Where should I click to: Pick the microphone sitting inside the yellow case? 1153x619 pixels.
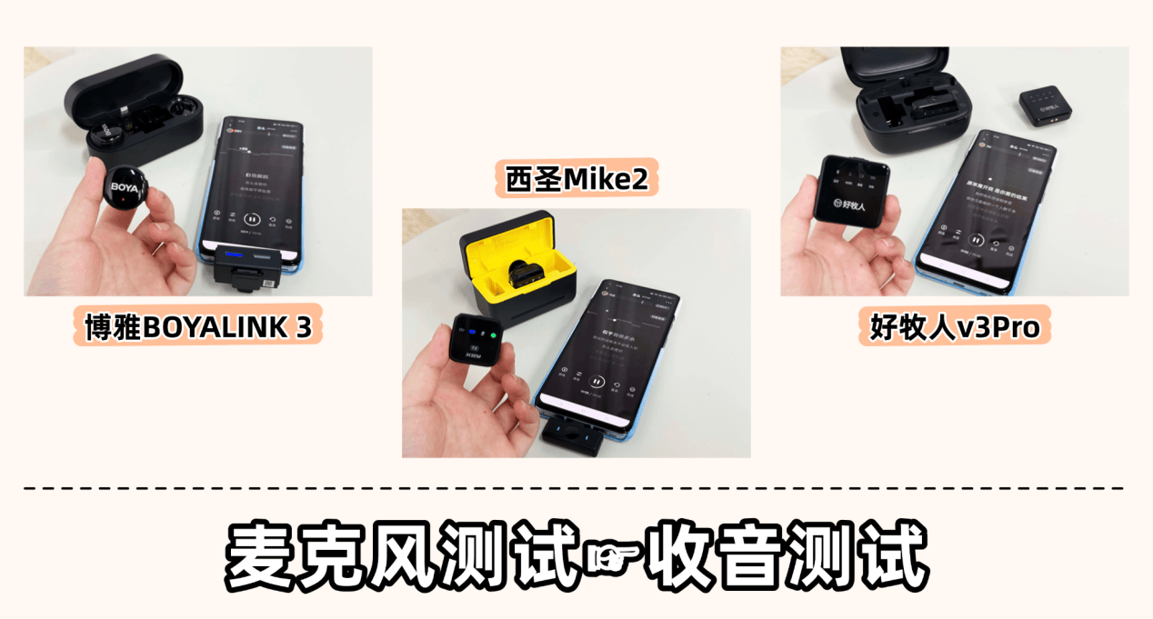[520, 275]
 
